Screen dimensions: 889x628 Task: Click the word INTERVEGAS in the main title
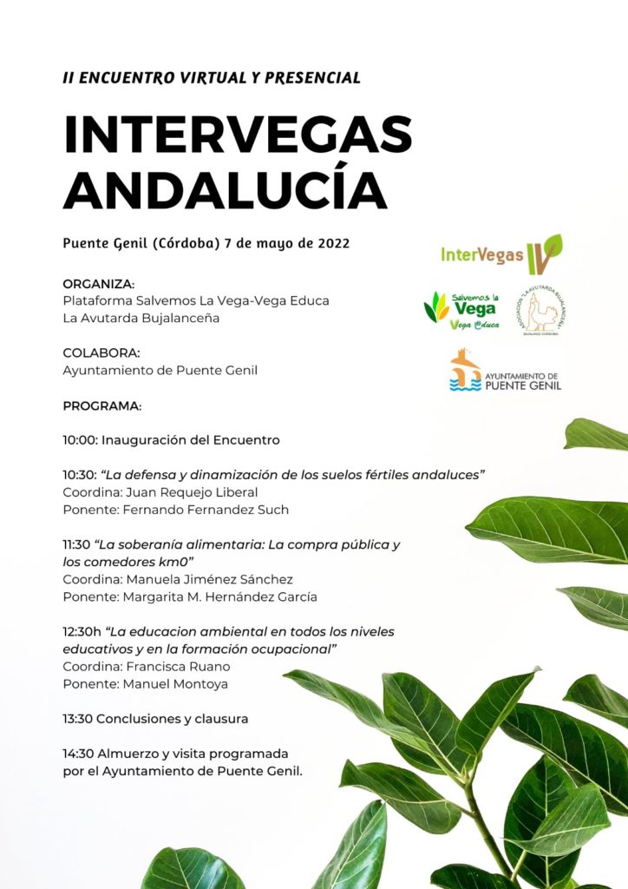click(238, 135)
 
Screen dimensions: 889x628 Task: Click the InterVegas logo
click(501, 254)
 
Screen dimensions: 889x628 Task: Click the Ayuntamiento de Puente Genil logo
click(506, 372)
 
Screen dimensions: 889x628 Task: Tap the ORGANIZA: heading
click(98, 284)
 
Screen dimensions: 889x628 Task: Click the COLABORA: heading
click(101, 353)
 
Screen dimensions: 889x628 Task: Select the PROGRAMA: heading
click(101, 405)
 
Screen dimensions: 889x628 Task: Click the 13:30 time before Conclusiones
click(78, 719)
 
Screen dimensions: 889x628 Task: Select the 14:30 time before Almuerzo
click(78, 754)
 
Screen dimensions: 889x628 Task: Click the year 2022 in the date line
click(331, 243)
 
